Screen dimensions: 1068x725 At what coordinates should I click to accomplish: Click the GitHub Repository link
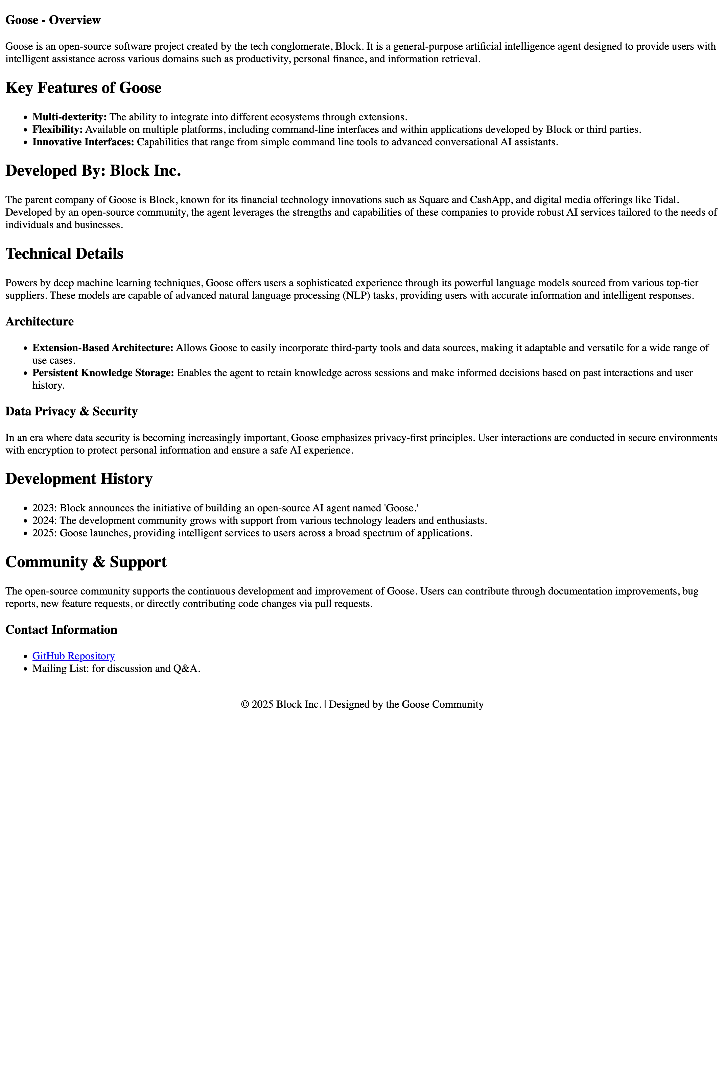pyautogui.click(x=74, y=656)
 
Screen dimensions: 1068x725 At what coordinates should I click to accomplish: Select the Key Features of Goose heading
pyautogui.click(x=83, y=88)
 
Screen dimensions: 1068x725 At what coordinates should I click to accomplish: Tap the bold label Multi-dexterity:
pyautogui.click(x=69, y=117)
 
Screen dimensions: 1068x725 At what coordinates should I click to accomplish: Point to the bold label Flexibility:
pyautogui.click(x=57, y=129)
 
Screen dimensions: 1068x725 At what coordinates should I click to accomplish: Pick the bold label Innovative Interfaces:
pyautogui.click(x=83, y=142)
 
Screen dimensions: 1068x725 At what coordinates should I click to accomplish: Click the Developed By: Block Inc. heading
pyautogui.click(x=93, y=170)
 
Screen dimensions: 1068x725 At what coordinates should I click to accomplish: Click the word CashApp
pyautogui.click(x=490, y=200)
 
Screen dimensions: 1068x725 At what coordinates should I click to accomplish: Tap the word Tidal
pyautogui.click(x=666, y=200)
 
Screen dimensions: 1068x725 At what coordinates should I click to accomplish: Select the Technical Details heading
pyautogui.click(x=64, y=254)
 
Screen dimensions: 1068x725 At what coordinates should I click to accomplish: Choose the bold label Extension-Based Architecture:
pyautogui.click(x=102, y=348)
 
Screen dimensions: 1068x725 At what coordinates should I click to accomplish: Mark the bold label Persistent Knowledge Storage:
pyautogui.click(x=103, y=373)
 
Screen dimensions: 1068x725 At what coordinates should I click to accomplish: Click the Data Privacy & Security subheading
pyautogui.click(x=71, y=411)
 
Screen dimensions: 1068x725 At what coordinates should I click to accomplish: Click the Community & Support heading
pyautogui.click(x=86, y=562)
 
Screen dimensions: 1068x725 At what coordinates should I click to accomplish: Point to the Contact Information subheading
pyautogui.click(x=61, y=630)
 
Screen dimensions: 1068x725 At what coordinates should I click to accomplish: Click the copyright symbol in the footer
pyautogui.click(x=245, y=704)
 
